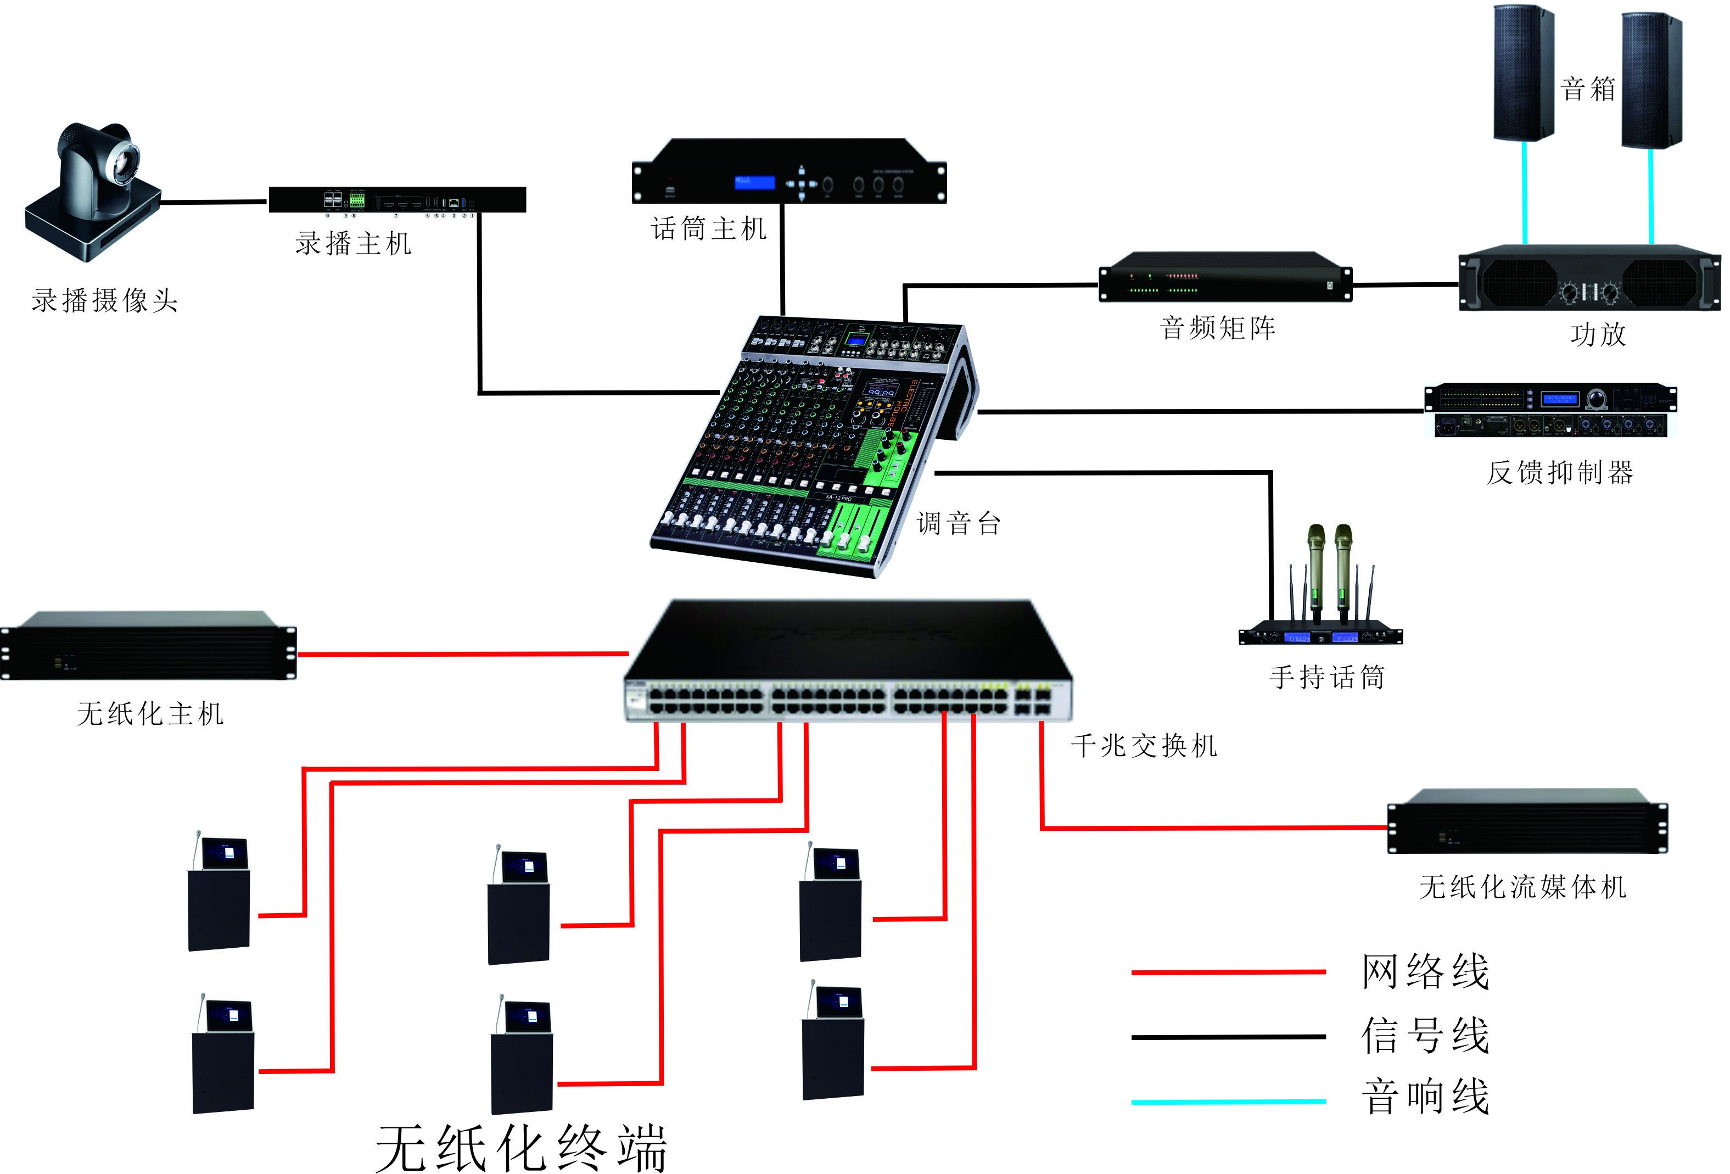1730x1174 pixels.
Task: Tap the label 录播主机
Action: (x=353, y=243)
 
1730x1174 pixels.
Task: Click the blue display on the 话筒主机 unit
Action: (x=754, y=182)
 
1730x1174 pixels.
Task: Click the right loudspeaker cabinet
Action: (x=1650, y=80)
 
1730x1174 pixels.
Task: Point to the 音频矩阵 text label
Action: (x=1217, y=328)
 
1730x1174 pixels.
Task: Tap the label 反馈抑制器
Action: (x=1560, y=472)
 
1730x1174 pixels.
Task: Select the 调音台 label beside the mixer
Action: (x=958, y=523)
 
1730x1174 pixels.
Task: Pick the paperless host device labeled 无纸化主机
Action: (x=149, y=646)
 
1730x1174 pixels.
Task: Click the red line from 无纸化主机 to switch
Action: (x=462, y=655)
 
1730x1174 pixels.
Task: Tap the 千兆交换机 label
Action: (x=1144, y=745)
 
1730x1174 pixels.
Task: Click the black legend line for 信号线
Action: (x=1228, y=1036)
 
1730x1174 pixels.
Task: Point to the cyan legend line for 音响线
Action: (x=1228, y=1101)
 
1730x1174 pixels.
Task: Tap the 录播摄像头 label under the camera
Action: (x=105, y=301)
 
